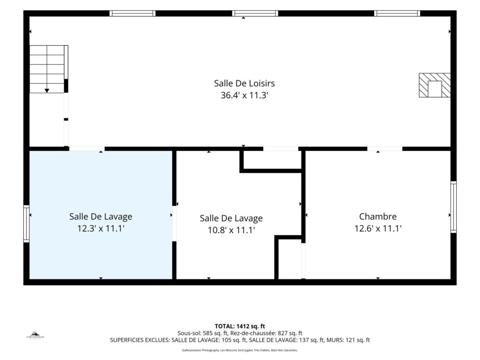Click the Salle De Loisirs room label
[244, 83]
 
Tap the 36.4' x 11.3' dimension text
[244, 95]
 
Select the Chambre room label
[378, 217]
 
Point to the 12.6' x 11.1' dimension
[378, 228]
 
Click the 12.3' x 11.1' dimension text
[101, 228]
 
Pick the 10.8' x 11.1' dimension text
[231, 230]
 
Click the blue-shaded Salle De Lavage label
[101, 217]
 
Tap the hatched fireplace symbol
[435, 85]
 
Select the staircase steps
[47, 69]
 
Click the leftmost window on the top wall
[133, 13]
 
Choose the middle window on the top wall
[255, 13]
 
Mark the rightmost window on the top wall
[397, 13]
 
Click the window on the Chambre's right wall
[453, 207]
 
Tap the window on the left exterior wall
[26, 224]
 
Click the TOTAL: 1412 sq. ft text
[240, 326]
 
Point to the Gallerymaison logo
[35, 335]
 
